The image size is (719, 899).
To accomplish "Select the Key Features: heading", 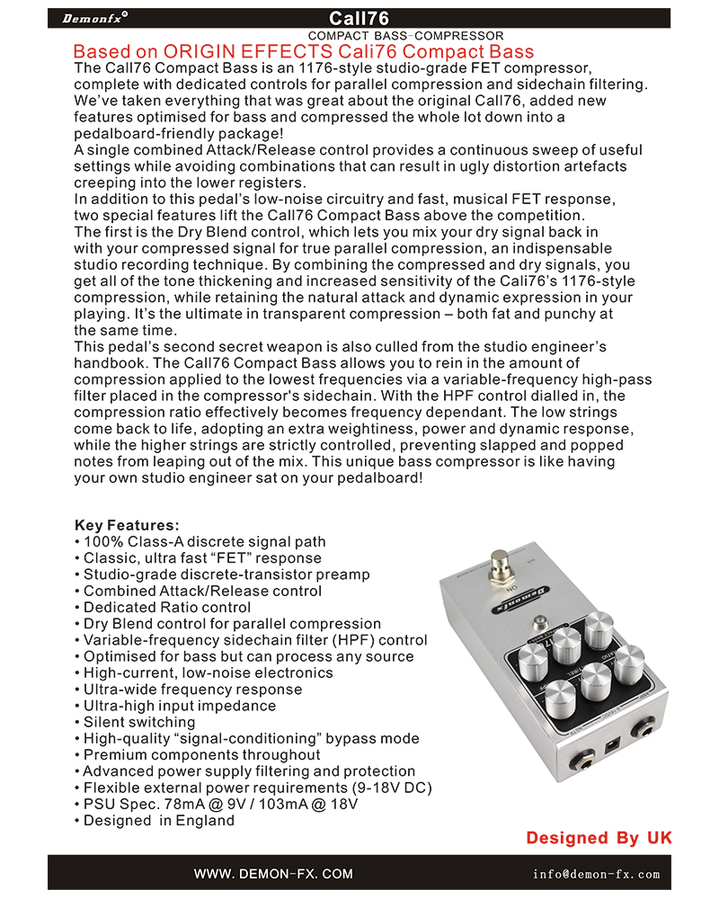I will pyautogui.click(x=127, y=525).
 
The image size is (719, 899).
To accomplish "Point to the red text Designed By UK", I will pyautogui.click(x=599, y=838).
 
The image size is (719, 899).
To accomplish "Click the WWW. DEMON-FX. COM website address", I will pyautogui.click(x=273, y=874).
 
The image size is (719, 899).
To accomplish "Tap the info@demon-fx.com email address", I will pyautogui.click(x=596, y=874).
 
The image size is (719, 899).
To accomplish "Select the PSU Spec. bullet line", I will pyautogui.click(x=216, y=804).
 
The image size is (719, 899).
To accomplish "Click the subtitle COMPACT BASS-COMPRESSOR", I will pyautogui.click(x=405, y=35).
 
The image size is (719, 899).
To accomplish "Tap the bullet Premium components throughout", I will pyautogui.click(x=198, y=755).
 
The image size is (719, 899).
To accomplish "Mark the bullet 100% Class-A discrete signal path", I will pyautogui.click(x=200, y=542).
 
